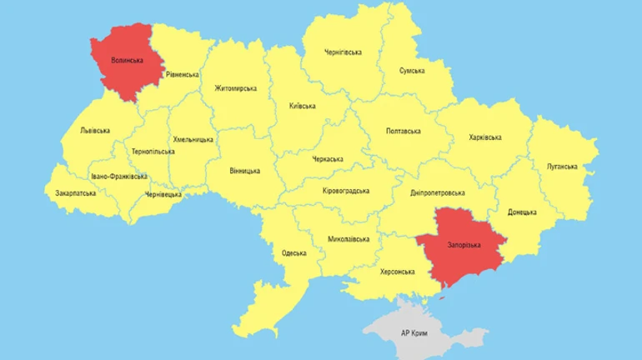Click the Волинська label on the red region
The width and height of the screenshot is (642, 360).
[128, 61]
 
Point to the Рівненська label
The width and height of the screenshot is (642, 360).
[182, 75]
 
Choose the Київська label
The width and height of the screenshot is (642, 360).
[302, 107]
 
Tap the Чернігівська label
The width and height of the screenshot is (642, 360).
[343, 52]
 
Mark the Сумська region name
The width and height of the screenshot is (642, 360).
[414, 71]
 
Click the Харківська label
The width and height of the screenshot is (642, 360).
[485, 137]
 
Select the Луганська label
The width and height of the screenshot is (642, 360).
[562, 167]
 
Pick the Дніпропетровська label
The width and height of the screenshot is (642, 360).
[438, 192]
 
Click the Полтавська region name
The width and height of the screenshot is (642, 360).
[404, 132]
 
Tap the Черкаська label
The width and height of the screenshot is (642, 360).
[327, 159]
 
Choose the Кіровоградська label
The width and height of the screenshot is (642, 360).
[345, 191]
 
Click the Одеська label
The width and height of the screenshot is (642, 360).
[293, 252]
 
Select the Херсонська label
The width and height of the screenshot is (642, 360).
[397, 272]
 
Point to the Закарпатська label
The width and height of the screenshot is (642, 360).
[75, 193]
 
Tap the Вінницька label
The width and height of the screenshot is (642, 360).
[244, 171]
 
